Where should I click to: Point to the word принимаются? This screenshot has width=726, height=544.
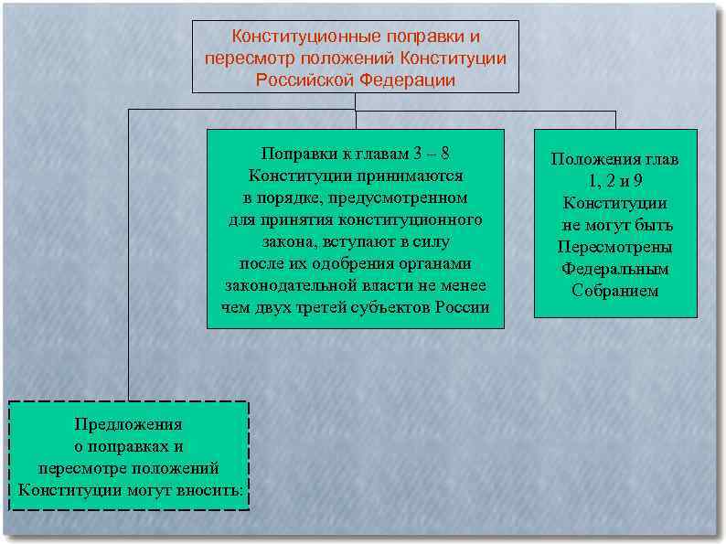coord(415,175)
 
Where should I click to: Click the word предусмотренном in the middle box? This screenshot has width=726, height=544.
coord(403,197)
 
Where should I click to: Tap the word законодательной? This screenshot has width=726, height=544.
coord(285,285)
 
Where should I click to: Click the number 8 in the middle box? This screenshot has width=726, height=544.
coord(444,153)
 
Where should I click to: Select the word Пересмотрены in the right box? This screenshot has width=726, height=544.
coord(614,248)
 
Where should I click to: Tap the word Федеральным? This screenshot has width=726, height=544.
coord(614,270)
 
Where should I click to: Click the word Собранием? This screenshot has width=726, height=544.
coord(614,292)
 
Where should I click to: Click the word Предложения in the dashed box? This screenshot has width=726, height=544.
coord(129,424)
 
